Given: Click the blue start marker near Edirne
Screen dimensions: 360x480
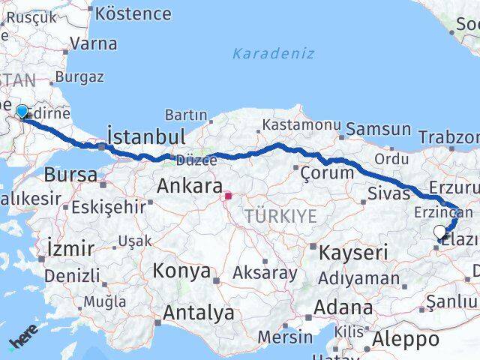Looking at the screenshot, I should pyautogui.click(x=22, y=112).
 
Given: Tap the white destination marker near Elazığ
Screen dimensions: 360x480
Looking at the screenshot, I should pyautogui.click(x=439, y=232).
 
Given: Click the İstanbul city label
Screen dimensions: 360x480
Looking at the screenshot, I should pyautogui.click(x=145, y=136).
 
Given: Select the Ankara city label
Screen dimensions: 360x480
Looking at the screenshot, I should pyautogui.click(x=189, y=186).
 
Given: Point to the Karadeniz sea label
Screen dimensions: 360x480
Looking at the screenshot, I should pyautogui.click(x=273, y=53).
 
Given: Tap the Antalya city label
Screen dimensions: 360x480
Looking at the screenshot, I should pyautogui.click(x=198, y=313).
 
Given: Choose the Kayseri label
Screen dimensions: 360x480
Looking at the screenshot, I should pyautogui.click(x=352, y=252).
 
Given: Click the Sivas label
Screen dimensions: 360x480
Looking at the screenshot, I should pyautogui.click(x=388, y=194).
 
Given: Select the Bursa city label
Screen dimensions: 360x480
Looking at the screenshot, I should pyautogui.click(x=70, y=175).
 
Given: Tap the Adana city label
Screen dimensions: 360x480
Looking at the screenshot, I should pyautogui.click(x=343, y=307).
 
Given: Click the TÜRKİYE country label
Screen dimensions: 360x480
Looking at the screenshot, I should pyautogui.click(x=280, y=217).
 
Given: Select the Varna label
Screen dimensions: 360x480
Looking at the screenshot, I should pyautogui.click(x=94, y=43).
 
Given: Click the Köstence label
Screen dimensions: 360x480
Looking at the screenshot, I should pyautogui.click(x=133, y=13).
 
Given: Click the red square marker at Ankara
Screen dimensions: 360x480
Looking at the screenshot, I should pyautogui.click(x=228, y=197).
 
